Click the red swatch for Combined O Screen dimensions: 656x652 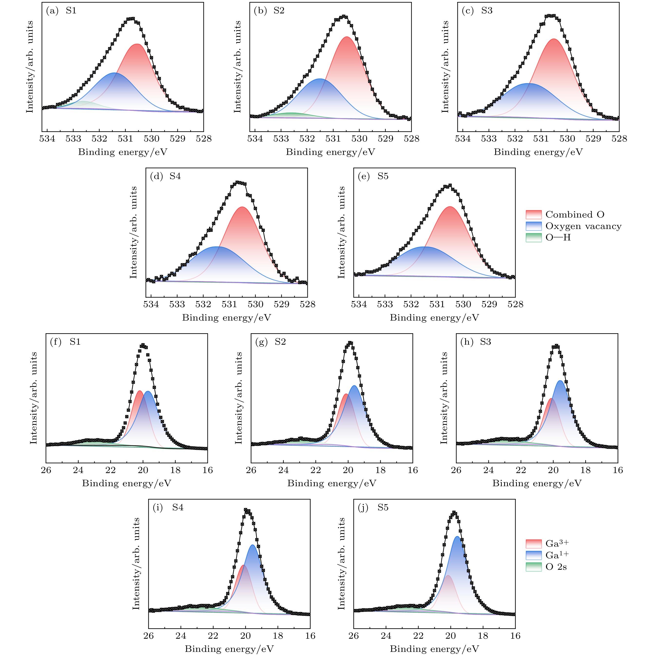pos(534,215)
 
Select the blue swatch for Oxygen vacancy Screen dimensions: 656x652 pos(534,226)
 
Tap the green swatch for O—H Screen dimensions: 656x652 pos(534,237)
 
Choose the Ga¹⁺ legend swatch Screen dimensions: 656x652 pos(534,555)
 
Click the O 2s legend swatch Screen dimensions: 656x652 pos(534,567)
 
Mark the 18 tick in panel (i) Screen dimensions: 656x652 pos(278,636)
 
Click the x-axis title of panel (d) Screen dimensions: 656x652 pos(227,317)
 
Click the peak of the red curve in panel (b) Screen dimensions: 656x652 pos(347,37)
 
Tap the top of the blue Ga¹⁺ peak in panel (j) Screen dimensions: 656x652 pos(457,536)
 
